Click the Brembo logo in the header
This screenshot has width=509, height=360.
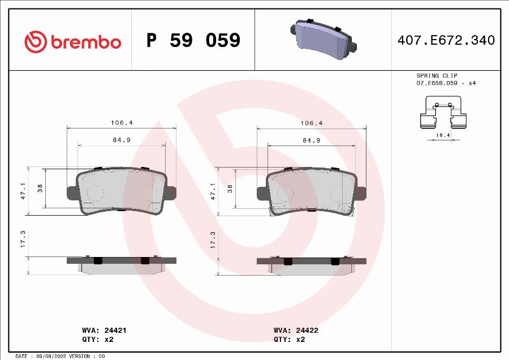click(x=72, y=41)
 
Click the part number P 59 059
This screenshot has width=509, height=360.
click(x=193, y=41)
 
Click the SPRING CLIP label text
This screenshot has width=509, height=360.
click(x=437, y=75)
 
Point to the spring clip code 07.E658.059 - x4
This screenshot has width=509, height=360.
click(x=446, y=83)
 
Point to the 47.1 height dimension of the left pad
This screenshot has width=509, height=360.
click(x=24, y=190)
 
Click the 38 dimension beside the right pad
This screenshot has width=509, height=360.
click(x=230, y=189)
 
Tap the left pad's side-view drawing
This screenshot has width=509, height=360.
click(x=122, y=264)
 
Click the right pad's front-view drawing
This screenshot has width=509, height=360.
click(x=312, y=191)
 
